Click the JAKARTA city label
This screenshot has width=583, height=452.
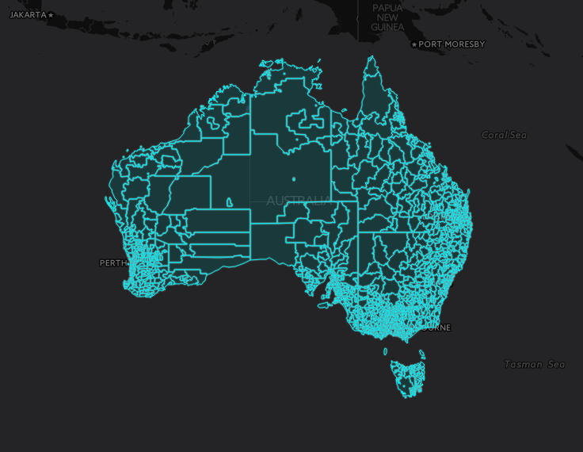coord(27,14)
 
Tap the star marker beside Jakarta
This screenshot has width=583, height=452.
coord(51,15)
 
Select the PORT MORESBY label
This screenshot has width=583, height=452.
coord(452,44)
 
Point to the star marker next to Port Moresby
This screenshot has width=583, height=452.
coord(413,44)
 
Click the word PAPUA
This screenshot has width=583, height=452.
coord(388,7)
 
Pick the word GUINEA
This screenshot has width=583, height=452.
coord(387,27)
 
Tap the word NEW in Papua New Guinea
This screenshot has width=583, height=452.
coord(387,17)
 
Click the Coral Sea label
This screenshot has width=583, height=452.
coord(504,135)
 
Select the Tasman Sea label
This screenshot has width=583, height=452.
coord(535,365)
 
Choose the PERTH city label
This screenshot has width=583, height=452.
coord(112,262)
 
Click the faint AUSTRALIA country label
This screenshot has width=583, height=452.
coord(298,201)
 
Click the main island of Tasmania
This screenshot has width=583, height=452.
coord(408,377)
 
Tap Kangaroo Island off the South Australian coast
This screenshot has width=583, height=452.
coord(323,305)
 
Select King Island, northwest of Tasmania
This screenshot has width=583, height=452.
coord(386,351)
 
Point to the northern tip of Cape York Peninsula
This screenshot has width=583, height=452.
coord(370,59)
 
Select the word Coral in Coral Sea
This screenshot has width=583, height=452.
coord(494,135)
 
